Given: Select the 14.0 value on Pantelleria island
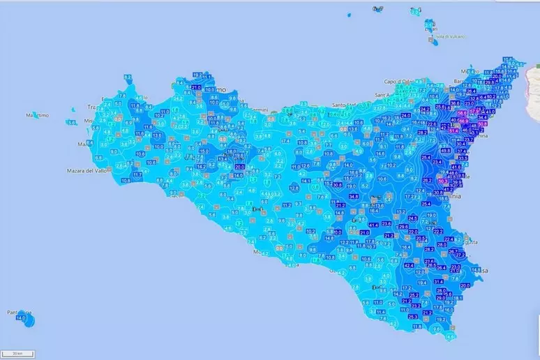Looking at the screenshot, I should (x=20, y=318).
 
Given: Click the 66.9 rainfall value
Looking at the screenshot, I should (x=463, y=121).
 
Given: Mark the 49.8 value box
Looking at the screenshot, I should (x=445, y=150).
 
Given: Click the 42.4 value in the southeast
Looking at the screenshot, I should (x=409, y=265).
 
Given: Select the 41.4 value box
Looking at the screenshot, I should (x=373, y=225).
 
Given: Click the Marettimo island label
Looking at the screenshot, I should (x=38, y=115).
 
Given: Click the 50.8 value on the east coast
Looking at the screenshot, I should (x=482, y=123).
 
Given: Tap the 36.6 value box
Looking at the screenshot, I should (x=455, y=103).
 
